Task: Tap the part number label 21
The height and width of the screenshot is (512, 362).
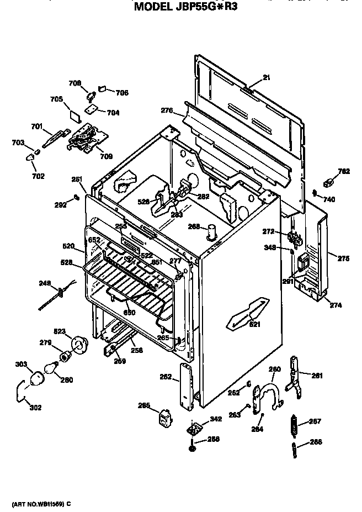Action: pyautogui.click(x=267, y=78)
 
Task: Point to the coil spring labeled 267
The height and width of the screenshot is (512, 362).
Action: pyautogui.click(x=295, y=426)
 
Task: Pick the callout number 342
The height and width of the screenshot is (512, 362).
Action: pyautogui.click(x=216, y=419)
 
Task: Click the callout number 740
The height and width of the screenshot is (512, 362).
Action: pyautogui.click(x=328, y=199)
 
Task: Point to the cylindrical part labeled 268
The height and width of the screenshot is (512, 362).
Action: pyautogui.click(x=211, y=232)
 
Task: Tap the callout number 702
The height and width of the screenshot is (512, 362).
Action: pyautogui.click(x=38, y=176)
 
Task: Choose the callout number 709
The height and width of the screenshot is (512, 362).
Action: pyautogui.click(x=107, y=156)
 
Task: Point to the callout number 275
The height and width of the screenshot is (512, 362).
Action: pyautogui.click(x=343, y=258)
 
